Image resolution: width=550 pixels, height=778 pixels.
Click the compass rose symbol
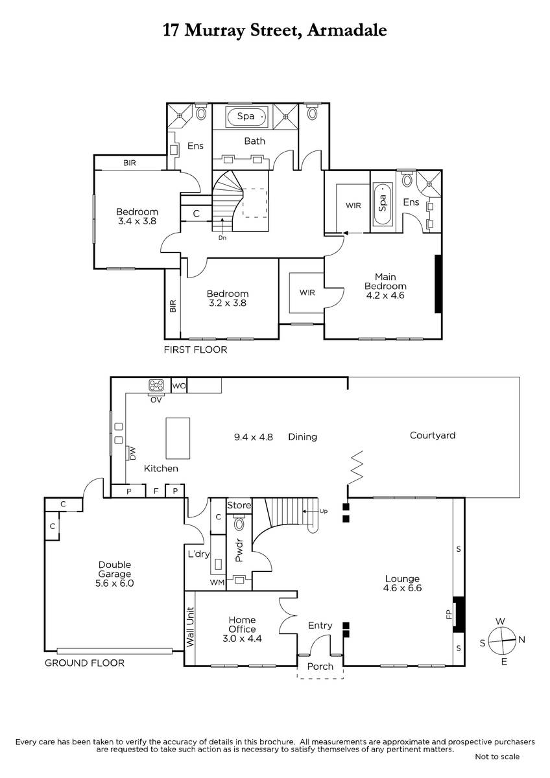tap(502, 640)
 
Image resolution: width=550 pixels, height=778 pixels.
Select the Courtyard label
tap(433, 436)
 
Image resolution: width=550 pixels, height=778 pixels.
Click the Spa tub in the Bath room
tap(246, 117)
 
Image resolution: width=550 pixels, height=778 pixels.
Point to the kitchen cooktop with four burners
tap(156, 385)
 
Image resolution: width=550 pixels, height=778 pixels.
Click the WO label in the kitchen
tap(179, 386)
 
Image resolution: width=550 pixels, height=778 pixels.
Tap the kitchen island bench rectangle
tap(178, 438)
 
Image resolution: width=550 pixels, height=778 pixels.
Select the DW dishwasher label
tap(133, 454)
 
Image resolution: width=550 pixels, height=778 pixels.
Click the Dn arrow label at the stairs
tap(222, 238)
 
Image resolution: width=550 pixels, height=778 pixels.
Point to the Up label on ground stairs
tap(324, 511)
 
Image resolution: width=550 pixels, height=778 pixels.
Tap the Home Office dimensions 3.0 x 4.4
tap(242, 639)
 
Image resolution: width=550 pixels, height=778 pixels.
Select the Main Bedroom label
tap(385, 281)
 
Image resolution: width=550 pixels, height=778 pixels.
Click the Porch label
tap(320, 666)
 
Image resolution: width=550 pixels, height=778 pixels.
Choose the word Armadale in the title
tap(347, 30)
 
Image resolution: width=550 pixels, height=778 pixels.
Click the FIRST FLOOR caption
tap(196, 349)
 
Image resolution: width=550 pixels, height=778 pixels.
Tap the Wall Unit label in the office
tap(190, 627)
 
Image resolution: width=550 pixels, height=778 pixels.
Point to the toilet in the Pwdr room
tap(239, 523)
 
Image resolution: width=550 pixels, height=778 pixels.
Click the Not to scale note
tap(497, 757)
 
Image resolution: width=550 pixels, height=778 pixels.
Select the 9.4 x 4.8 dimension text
tap(254, 437)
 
